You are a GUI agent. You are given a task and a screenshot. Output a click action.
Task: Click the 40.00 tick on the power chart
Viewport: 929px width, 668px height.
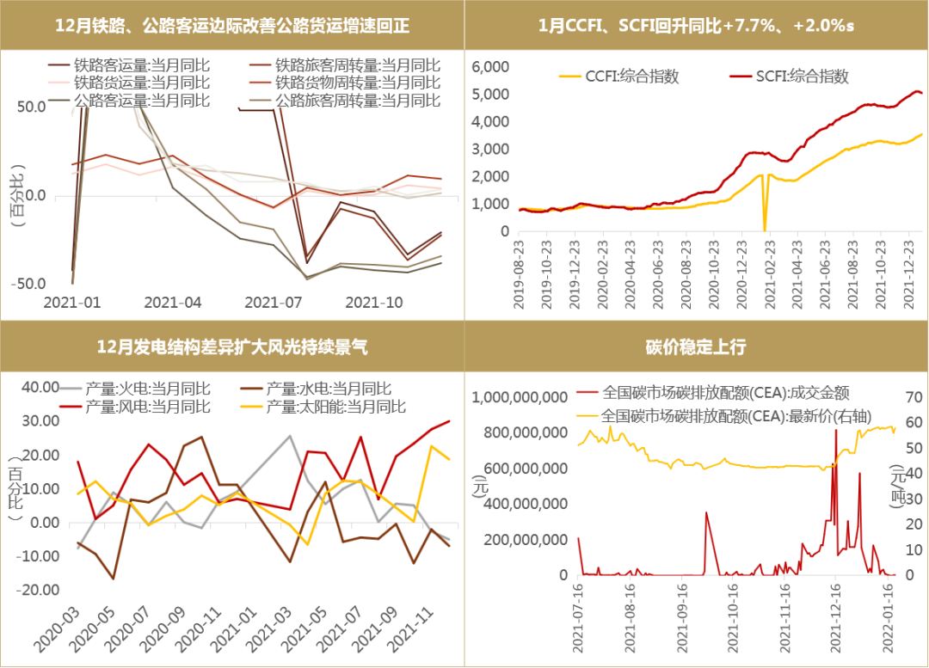[40, 387]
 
